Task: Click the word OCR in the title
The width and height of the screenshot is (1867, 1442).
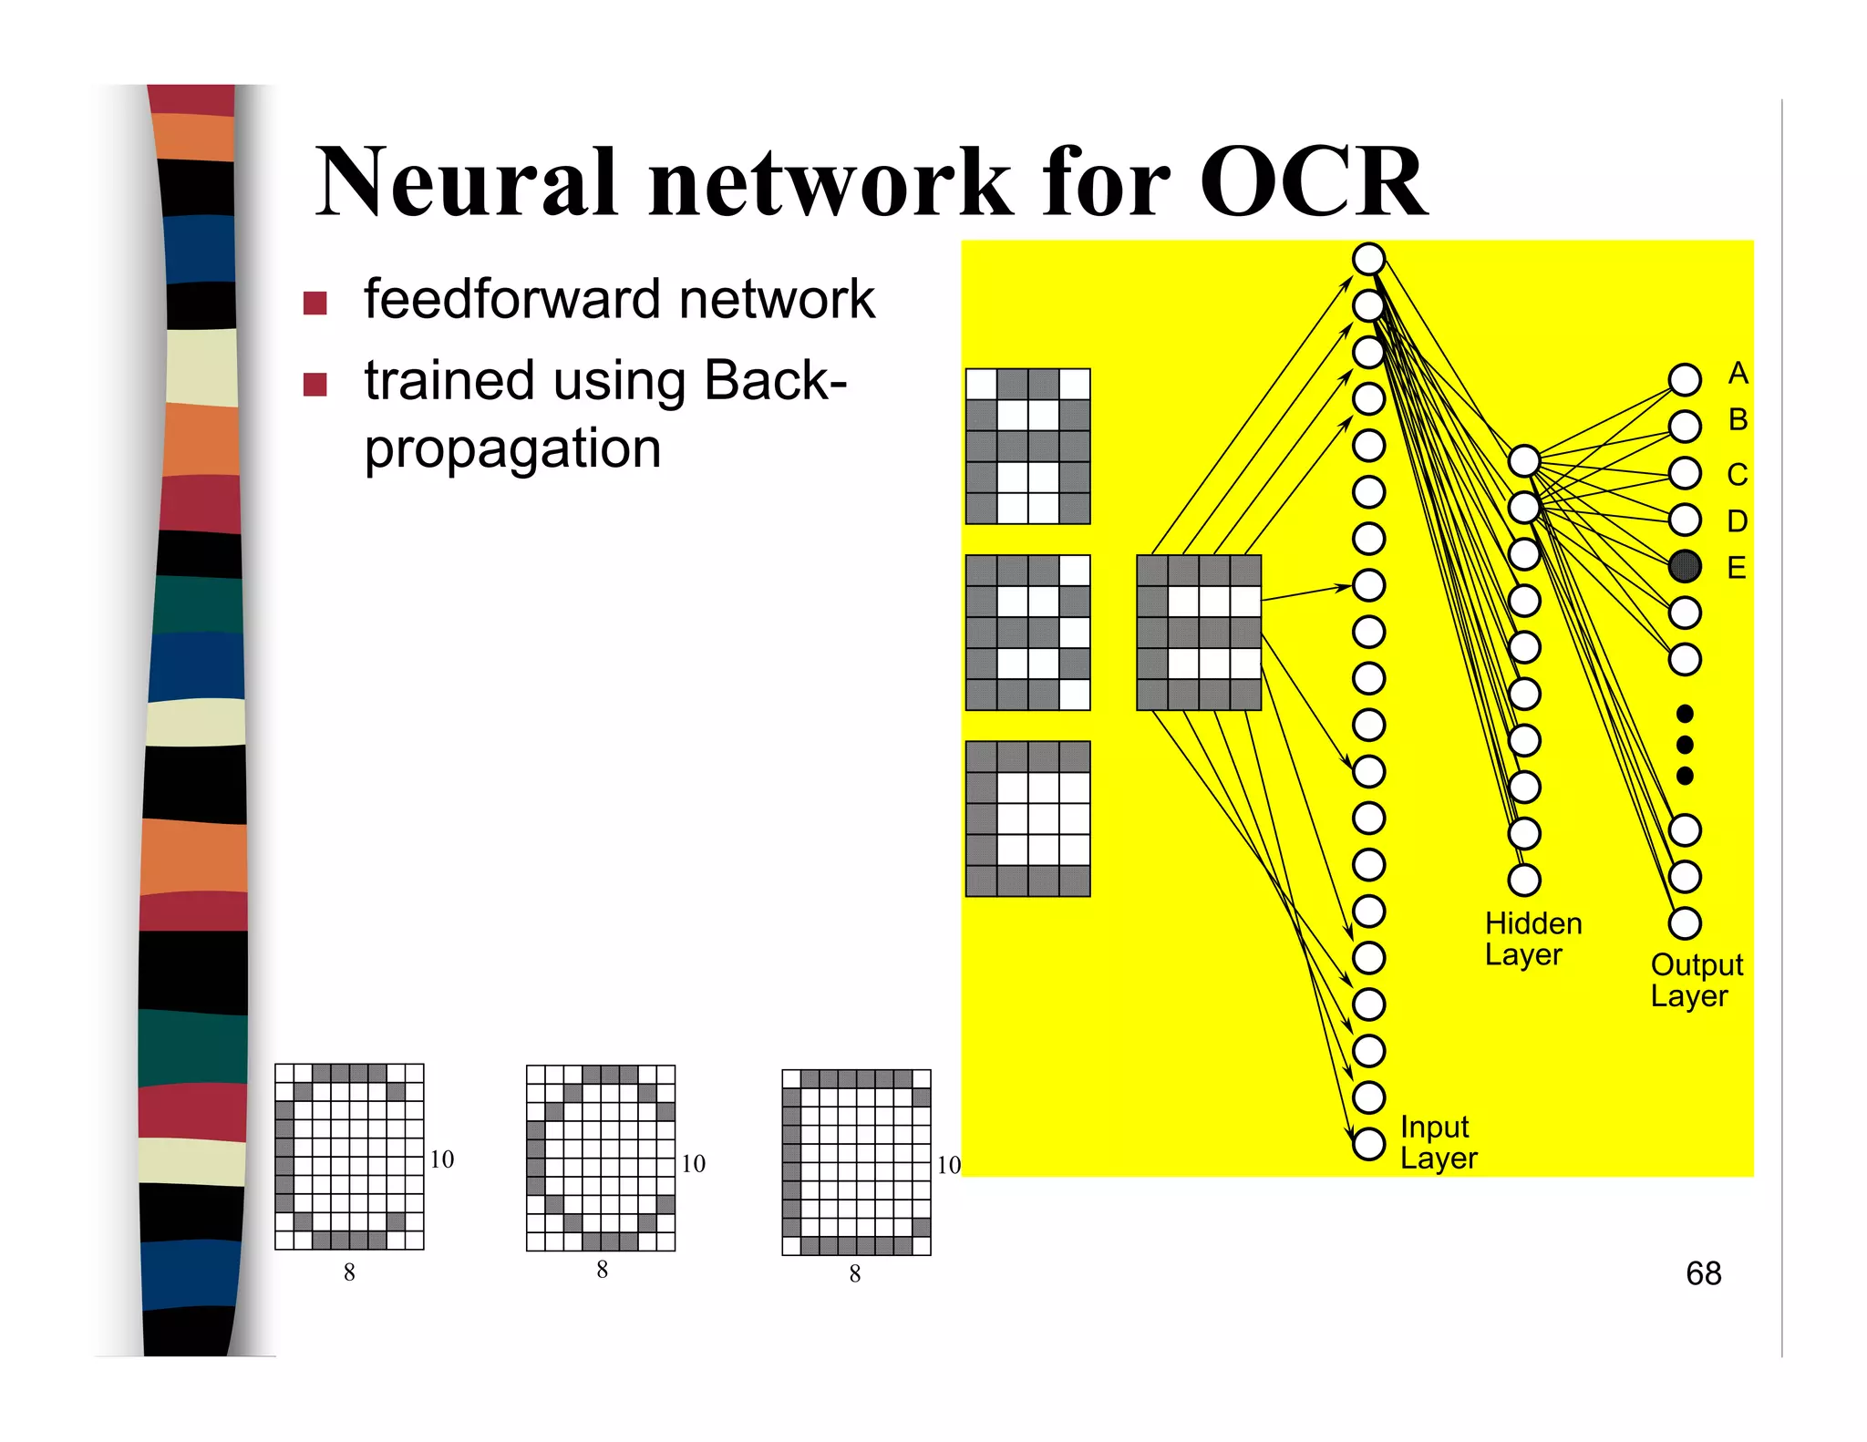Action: point(1313,182)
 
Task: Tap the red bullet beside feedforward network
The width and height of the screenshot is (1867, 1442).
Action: point(315,303)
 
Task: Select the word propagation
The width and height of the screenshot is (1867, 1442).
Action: point(512,449)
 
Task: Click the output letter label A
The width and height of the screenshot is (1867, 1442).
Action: point(1738,374)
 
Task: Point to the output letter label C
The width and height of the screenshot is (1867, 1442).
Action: point(1737,475)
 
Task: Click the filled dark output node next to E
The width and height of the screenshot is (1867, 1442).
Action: point(1685,566)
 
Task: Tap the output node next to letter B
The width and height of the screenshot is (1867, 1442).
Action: point(1685,426)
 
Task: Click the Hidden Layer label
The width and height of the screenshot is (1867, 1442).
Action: point(1532,939)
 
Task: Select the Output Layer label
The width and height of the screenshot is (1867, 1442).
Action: point(1696,980)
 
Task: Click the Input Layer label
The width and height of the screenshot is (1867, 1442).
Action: point(1438,1142)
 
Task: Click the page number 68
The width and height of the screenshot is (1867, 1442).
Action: point(1703,1273)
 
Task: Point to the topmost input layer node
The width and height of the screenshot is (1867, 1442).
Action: point(1368,259)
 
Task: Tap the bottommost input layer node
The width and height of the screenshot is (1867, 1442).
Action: point(1368,1143)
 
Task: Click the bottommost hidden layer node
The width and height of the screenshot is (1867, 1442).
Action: point(1524,880)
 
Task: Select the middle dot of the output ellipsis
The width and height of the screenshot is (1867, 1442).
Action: point(1685,745)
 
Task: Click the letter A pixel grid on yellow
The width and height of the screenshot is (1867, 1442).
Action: point(1027,446)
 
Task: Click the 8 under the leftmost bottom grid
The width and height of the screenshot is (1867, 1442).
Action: point(349,1272)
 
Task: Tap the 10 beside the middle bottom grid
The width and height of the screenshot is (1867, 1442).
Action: point(693,1164)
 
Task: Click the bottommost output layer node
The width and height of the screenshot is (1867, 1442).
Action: point(1685,923)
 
